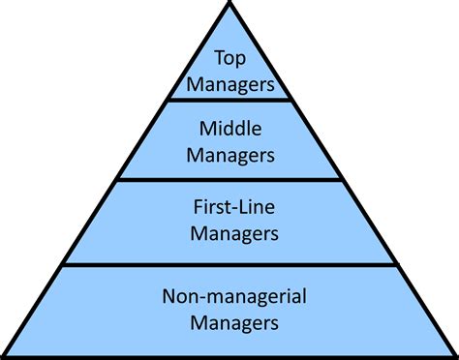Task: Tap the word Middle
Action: click(229, 127)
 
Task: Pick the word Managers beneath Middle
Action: click(229, 153)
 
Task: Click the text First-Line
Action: click(229, 207)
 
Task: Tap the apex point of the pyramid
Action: click(229, 4)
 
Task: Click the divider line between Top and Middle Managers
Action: click(229, 99)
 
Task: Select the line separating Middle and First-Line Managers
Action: click(229, 179)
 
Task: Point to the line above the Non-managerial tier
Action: click(229, 263)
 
